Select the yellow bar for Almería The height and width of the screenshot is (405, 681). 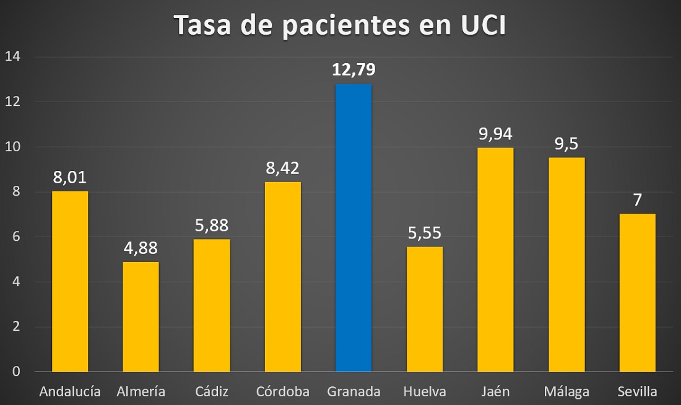coord(141,316)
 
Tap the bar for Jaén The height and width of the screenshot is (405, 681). coord(495,259)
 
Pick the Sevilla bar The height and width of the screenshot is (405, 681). coord(637,292)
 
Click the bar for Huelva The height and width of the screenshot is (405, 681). coord(424,309)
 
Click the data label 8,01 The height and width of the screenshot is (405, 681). coord(69,178)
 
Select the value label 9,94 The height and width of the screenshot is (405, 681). coord(495,134)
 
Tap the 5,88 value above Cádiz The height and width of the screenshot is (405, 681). coord(212,226)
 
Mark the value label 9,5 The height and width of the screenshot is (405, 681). coord(566,144)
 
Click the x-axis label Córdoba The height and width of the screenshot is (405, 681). coord(282,391)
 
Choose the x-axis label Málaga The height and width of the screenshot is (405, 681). coord(566,391)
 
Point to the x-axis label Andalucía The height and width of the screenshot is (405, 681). coord(69,391)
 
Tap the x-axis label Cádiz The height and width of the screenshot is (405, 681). coord(212,391)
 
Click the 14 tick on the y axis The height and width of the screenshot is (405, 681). coord(13,57)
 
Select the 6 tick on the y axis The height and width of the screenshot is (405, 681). coord(16,237)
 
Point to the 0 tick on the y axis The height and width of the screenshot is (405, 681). coord(16,372)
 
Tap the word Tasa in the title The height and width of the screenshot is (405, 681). coord(205,25)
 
